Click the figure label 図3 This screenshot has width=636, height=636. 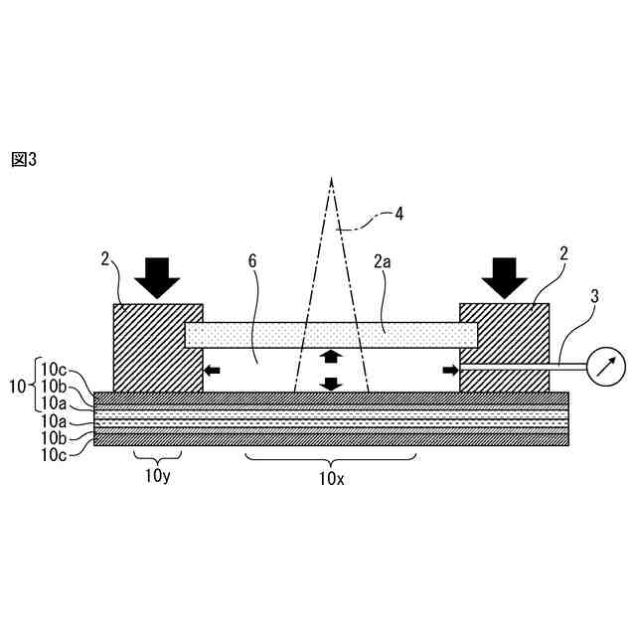tap(24, 159)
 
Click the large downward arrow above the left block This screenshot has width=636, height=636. tap(157, 277)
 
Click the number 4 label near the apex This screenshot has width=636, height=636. tap(398, 213)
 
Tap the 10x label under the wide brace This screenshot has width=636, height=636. tap(331, 478)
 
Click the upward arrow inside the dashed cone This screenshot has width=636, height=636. tap(332, 357)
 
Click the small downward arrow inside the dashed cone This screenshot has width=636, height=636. tap(332, 383)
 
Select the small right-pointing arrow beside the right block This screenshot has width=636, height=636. tap(451, 371)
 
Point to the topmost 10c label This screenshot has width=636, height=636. tap(56, 367)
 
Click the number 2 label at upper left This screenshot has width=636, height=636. tap(106, 259)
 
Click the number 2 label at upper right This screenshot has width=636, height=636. tap(564, 255)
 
